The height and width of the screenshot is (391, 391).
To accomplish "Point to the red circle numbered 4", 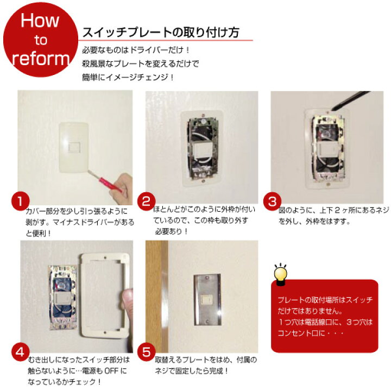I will click(x=21, y=352).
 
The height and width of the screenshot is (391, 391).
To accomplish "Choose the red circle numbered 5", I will click(x=147, y=352).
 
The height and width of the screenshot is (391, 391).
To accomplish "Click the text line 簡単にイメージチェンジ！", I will click(x=128, y=77).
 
